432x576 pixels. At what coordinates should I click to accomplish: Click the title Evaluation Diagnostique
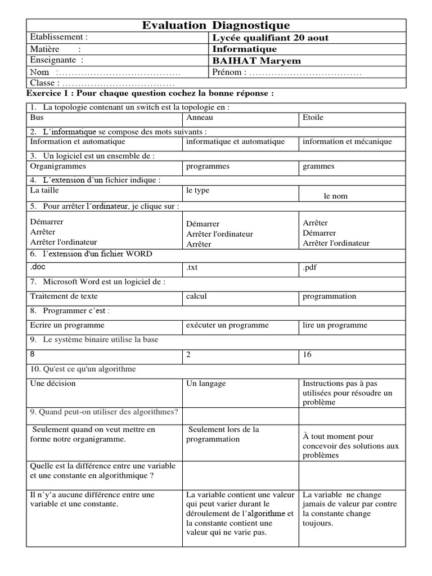point(216,25)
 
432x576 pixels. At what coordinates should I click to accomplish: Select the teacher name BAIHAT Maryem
point(256,61)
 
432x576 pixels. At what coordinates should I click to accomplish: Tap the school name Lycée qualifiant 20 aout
point(270,38)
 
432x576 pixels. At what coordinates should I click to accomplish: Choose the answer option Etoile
point(313,118)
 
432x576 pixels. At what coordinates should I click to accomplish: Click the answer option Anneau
point(200,118)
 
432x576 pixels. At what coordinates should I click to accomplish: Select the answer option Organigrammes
point(58,166)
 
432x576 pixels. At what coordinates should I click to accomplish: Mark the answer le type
point(197,190)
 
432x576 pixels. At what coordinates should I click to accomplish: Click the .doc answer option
point(38,267)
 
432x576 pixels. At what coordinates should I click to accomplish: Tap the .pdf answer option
point(309,267)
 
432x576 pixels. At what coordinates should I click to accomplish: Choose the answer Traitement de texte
point(64,296)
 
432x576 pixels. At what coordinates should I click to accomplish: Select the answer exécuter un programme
point(227,325)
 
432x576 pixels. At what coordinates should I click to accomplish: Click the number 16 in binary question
point(307,354)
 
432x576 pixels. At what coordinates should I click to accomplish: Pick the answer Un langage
point(206,383)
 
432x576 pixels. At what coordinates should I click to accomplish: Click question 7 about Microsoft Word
point(98,281)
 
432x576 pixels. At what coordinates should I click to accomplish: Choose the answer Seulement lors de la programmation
point(223,434)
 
